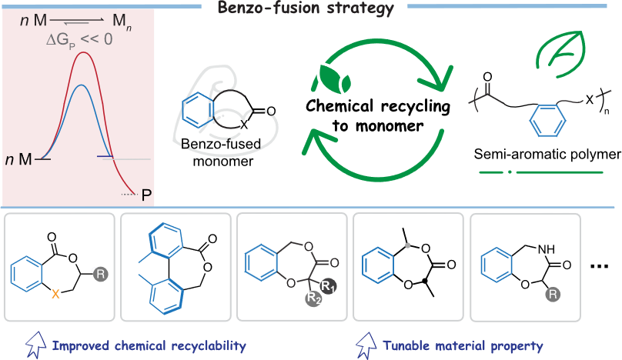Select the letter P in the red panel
pos(146,195)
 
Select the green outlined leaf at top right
pos(559,55)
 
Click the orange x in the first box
pos(55,293)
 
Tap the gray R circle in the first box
pos(101,273)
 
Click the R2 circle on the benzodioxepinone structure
pos(313,299)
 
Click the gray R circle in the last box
pos(553,294)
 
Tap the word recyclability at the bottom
pos(207,346)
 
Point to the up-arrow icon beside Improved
pos(35,345)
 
